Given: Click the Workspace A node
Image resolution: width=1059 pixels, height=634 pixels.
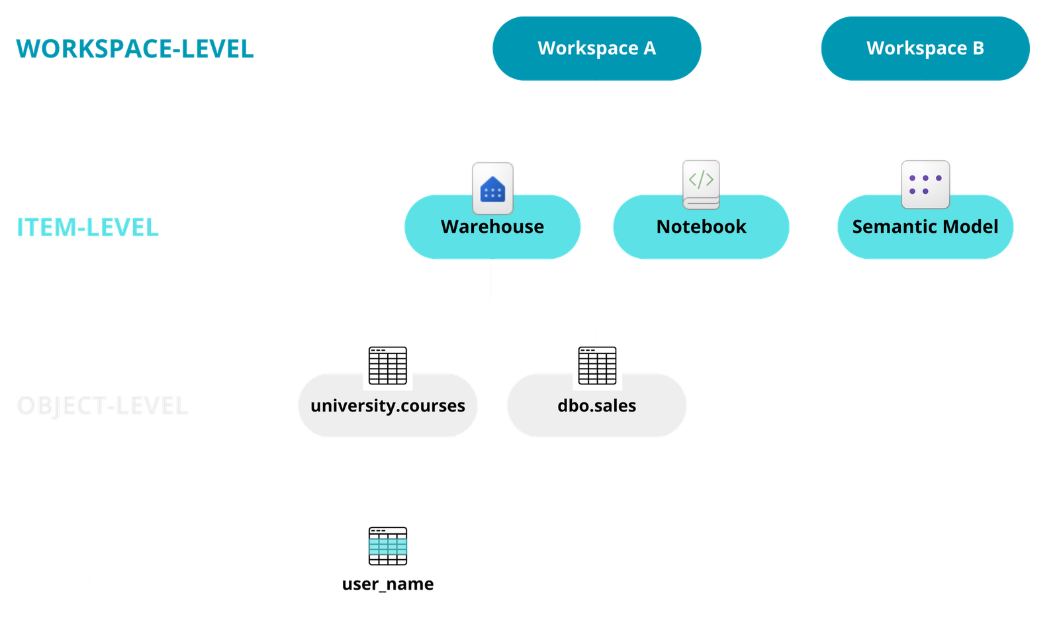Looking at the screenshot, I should (596, 48).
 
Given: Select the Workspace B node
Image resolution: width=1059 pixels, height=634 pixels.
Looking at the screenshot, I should (925, 48).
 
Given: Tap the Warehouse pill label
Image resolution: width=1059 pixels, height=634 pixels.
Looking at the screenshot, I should (492, 227).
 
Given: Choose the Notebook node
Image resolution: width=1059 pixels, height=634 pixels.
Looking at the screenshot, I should (701, 227).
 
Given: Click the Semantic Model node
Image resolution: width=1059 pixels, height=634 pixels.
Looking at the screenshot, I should (925, 227).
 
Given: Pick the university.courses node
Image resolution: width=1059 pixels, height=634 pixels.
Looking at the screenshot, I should (387, 406).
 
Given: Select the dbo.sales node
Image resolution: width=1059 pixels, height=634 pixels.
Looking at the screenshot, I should (596, 406).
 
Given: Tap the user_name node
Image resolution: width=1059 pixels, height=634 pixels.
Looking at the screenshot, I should (387, 584).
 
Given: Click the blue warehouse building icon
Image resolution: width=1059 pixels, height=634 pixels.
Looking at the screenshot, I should (492, 188).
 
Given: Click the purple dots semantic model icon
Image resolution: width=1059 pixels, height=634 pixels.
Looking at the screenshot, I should (925, 185).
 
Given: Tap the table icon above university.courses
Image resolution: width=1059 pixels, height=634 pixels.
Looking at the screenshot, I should (387, 365).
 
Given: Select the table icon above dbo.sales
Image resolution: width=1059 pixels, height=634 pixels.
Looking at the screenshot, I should (597, 365).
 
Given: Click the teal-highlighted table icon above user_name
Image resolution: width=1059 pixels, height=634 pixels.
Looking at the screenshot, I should (387, 545).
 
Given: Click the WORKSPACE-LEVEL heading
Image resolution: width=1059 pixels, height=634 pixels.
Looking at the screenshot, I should (135, 48).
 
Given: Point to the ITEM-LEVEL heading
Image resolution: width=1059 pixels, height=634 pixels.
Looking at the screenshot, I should (87, 227).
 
